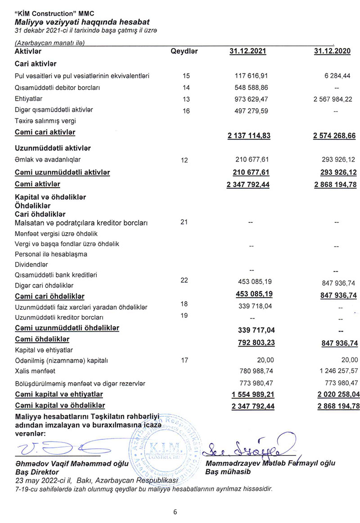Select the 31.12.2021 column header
pos(247,51)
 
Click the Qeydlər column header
pos(184,51)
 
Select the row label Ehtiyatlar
pos(29,99)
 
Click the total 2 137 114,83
pos(248,135)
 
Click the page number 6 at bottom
pos(175,511)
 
